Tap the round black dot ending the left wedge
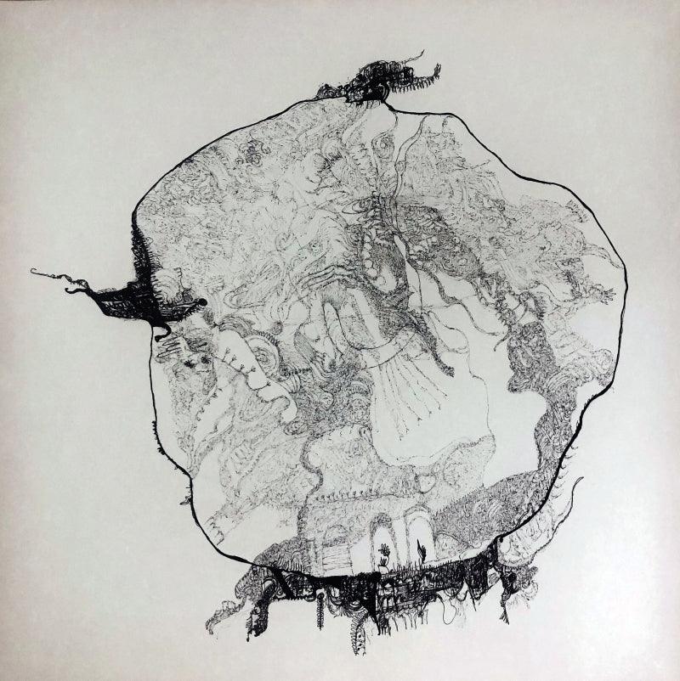(202, 302)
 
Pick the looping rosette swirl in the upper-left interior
(252, 153)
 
